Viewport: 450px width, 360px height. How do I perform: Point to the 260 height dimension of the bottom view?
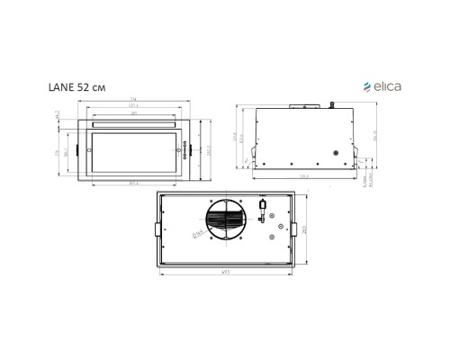[306, 229]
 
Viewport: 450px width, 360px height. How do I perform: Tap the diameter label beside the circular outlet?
[198, 236]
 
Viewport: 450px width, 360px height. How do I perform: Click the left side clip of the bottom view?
[157, 229]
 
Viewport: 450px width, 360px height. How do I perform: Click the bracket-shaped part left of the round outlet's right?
[259, 213]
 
